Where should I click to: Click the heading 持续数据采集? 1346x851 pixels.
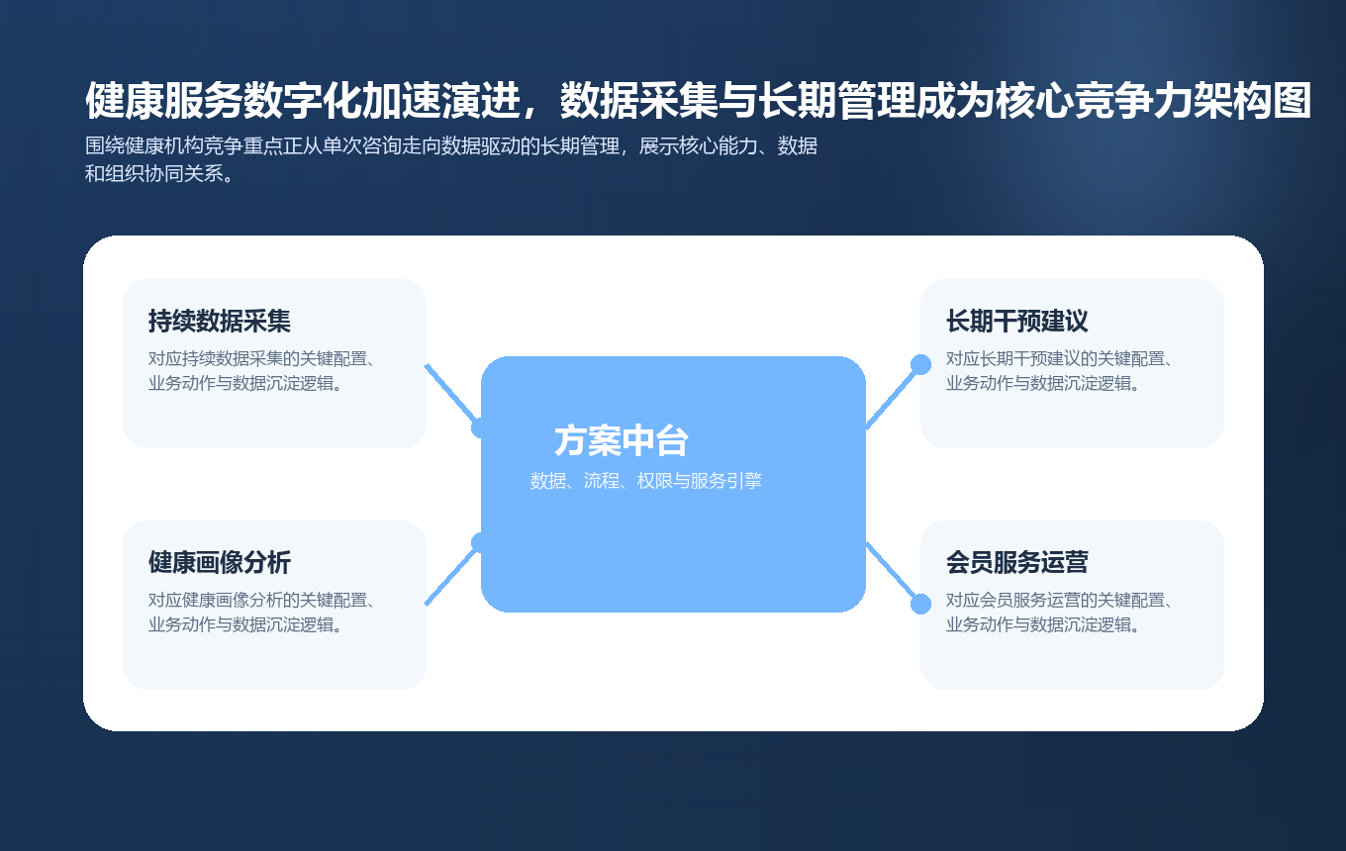tap(219, 322)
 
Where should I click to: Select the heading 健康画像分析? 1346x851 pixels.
tap(219, 563)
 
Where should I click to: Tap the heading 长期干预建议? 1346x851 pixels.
tap(1016, 322)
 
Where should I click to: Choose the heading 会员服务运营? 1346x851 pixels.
tap(1016, 563)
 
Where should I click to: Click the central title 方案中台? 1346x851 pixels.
tap(621, 441)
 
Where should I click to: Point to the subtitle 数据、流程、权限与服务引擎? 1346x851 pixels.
tap(645, 481)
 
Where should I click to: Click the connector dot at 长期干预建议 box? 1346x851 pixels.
tap(920, 364)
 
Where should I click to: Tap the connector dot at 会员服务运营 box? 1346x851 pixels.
tap(920, 604)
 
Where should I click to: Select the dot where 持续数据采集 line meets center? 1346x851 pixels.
tap(481, 427)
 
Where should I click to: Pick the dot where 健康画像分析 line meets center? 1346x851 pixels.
tap(481, 542)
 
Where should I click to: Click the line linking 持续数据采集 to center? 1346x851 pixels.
tap(451, 395)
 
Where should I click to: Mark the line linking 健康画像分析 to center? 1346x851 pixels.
tap(451, 574)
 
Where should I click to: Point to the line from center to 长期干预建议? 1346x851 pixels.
tap(893, 396)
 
